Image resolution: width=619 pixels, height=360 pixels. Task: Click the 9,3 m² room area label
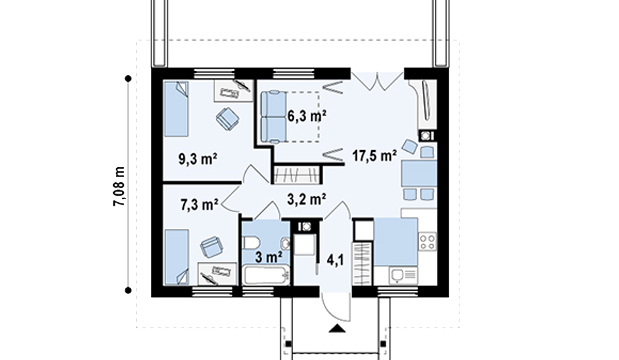[198, 159]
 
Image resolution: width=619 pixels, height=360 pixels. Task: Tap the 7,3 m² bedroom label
[199, 205]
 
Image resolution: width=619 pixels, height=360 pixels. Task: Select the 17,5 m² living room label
[375, 156]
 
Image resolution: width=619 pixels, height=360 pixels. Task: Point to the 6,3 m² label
[307, 116]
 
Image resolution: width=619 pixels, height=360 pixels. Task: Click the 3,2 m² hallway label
[306, 199]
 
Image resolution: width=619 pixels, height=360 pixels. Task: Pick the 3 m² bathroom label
[268, 257]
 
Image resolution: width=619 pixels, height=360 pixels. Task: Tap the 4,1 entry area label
[335, 260]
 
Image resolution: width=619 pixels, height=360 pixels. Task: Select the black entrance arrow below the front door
[337, 328]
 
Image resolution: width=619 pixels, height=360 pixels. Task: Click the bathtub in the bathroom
[266, 276]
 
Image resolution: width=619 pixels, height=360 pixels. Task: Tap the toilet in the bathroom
[251, 243]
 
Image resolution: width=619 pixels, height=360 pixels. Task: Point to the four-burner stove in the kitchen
[427, 242]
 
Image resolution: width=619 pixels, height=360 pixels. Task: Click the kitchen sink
[403, 275]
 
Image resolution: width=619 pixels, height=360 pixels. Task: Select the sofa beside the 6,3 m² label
[273, 116]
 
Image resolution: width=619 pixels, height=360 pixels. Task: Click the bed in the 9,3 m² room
[176, 109]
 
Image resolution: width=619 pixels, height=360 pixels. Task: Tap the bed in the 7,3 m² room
[176, 257]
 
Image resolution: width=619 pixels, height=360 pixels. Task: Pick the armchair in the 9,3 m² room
[228, 118]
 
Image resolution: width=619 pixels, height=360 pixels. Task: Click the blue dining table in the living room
[419, 173]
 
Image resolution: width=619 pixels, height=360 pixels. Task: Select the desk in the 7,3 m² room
[217, 274]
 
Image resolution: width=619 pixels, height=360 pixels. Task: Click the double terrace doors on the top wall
[377, 81]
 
